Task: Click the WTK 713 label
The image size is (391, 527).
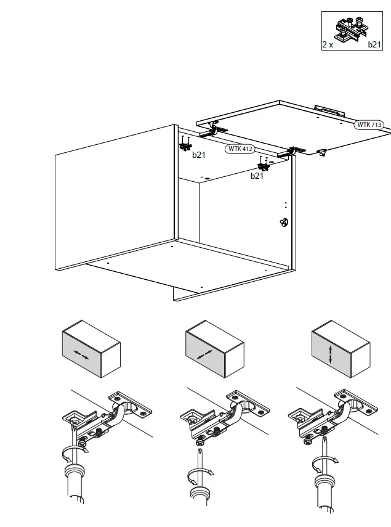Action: tap(369, 125)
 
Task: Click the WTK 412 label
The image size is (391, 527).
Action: tap(241, 149)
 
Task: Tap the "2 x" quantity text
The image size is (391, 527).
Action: tap(328, 45)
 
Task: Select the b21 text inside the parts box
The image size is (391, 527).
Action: tap(375, 45)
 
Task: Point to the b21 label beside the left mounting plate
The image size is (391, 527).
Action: tap(198, 155)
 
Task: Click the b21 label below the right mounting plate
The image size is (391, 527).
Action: tap(257, 176)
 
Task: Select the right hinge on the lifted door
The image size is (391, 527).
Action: tap(296, 150)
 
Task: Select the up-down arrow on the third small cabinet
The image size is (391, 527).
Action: tap(331, 356)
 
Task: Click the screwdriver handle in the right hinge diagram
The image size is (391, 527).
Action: tap(324, 496)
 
